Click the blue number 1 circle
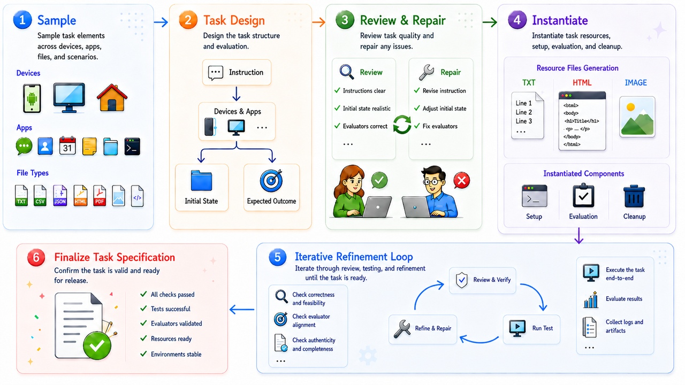22,20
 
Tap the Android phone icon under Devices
32,98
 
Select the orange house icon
112,97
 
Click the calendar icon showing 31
67,146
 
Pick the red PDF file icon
100,196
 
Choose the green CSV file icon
40,196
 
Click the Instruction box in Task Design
237,72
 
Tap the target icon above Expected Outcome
271,180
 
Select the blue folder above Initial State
202,180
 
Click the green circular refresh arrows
402,125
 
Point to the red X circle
462,180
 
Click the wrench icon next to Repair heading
427,72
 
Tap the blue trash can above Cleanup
634,196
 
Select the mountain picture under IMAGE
637,117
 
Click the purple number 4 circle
517,20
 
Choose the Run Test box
531,329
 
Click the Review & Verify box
483,280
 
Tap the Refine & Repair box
423,329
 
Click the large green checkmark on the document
97,345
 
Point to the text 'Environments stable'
176,355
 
